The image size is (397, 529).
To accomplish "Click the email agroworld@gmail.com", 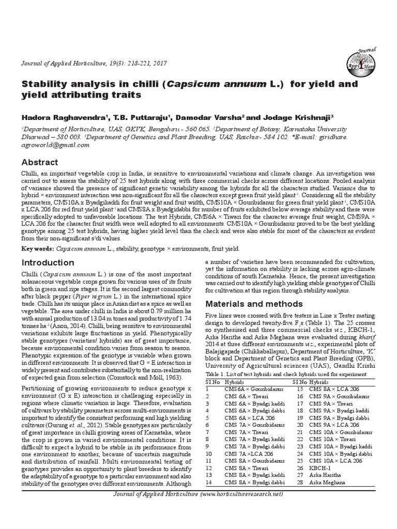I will click(56, 145).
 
